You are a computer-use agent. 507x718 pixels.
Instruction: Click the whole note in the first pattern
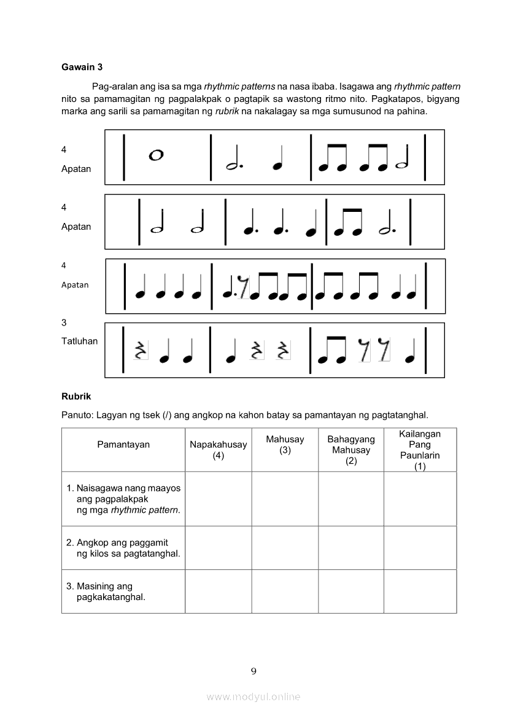coord(156,155)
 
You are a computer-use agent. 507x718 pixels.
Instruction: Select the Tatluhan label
coord(79,341)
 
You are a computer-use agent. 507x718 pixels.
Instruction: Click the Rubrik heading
coord(76,396)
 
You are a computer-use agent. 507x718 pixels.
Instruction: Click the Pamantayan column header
coord(123,445)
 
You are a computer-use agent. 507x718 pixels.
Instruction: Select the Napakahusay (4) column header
coord(218,450)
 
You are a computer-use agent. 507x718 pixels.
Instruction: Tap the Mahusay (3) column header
coord(285,445)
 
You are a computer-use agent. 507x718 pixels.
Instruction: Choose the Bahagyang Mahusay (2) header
coord(351,450)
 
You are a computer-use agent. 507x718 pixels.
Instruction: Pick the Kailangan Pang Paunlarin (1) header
coord(420,450)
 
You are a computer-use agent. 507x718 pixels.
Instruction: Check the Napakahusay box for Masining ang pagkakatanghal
coord(218,591)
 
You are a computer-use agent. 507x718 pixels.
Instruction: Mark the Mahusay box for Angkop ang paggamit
coord(285,547)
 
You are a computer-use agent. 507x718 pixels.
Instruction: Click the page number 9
coord(253,671)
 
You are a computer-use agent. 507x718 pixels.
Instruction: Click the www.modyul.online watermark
coord(253,697)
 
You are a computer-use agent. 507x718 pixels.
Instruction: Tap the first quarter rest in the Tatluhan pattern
coord(141,350)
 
